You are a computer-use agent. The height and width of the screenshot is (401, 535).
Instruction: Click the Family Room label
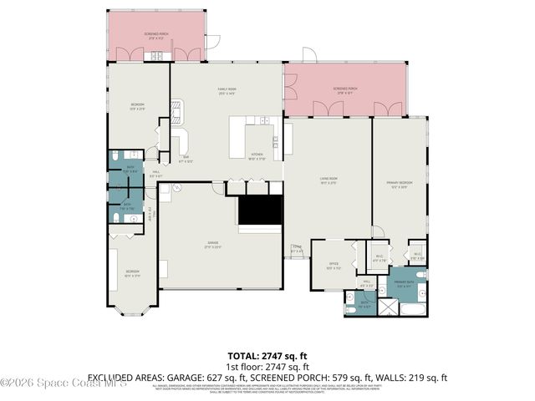(226, 91)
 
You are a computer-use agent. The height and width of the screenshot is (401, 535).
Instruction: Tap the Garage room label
(214, 244)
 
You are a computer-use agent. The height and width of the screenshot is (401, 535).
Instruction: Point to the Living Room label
(327, 181)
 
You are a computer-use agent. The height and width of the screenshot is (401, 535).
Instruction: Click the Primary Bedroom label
(398, 183)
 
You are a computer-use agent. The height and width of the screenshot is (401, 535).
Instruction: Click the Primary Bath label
(405, 285)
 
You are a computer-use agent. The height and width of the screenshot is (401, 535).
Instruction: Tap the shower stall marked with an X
(389, 307)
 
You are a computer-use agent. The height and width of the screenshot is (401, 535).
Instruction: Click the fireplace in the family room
(177, 109)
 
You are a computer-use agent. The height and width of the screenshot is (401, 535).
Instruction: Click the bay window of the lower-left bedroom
(131, 311)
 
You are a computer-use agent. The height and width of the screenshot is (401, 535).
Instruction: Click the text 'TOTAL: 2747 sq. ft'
(267, 356)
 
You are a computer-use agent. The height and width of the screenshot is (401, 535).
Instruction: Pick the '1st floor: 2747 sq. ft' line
(267, 367)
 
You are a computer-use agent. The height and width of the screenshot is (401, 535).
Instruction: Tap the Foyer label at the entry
(296, 248)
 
